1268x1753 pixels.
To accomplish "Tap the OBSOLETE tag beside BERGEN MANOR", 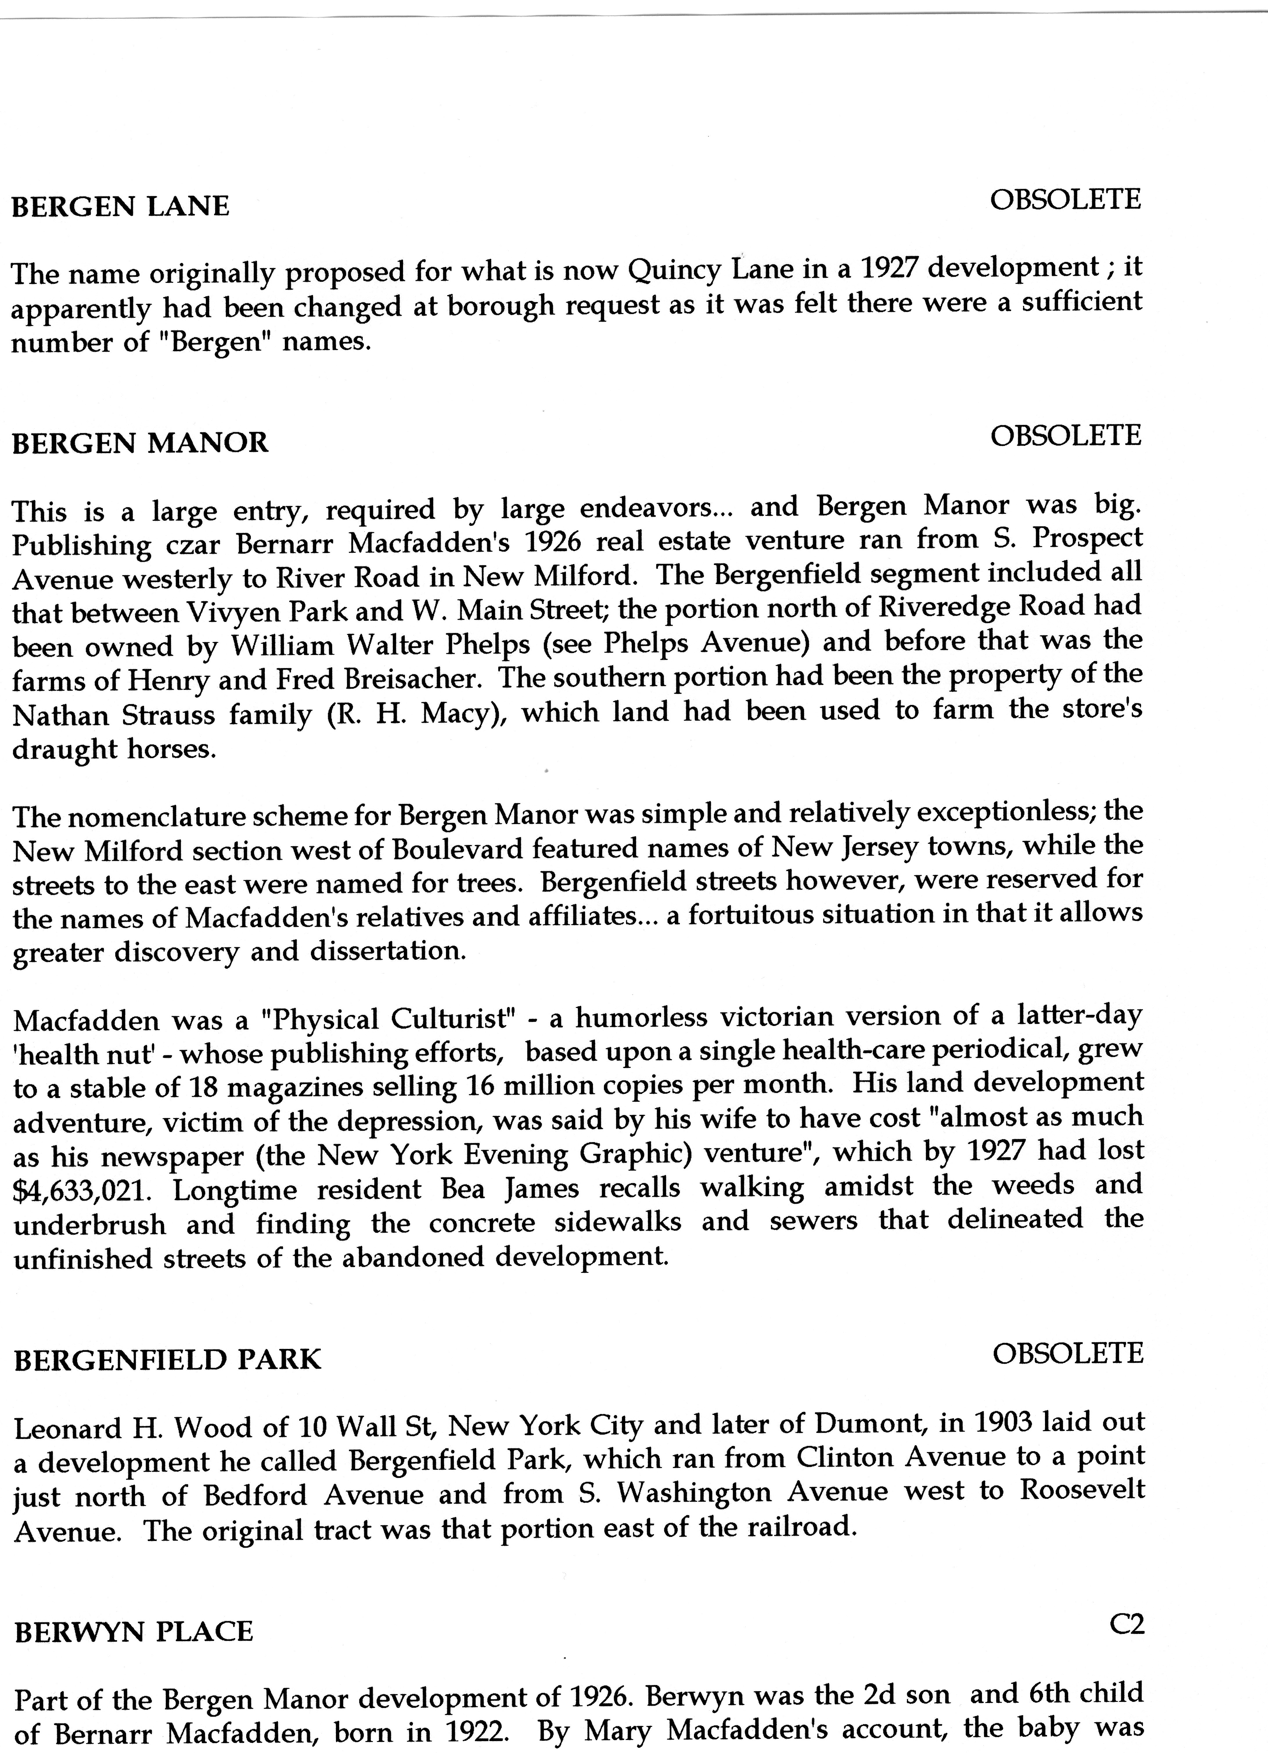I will click(x=1066, y=436).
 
